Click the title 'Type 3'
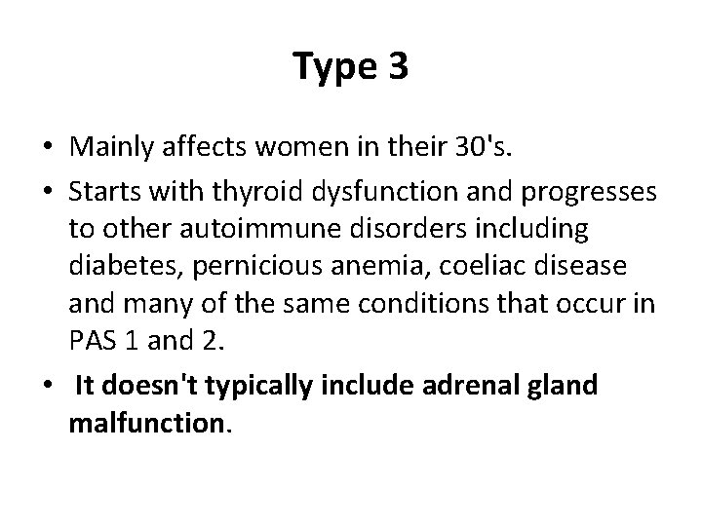351,66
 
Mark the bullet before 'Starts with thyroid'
48,189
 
